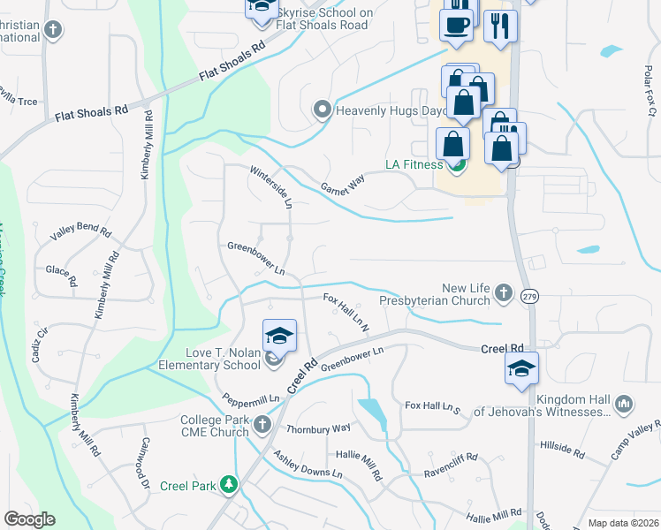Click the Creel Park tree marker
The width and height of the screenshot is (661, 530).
pos(229,485)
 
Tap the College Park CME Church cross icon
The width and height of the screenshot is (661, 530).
pos(262,426)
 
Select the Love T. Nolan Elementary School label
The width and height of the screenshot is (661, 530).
pos(209,360)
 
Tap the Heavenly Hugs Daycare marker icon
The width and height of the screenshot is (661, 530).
pos(323,110)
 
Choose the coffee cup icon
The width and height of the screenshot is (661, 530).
pos(456,26)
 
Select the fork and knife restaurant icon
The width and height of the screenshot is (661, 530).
pos(500,26)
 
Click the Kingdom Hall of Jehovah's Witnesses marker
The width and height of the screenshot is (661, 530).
pos(624,405)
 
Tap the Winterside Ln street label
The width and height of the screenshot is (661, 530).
pos(270,186)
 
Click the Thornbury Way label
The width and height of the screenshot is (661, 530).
pos(318,428)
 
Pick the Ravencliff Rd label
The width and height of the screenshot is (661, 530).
pos(452,459)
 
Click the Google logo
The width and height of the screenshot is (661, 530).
pos(29,519)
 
